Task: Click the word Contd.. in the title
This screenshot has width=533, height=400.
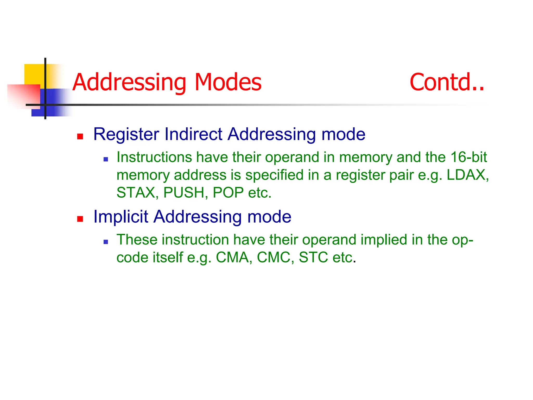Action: (x=447, y=82)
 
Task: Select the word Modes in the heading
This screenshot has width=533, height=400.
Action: (x=228, y=82)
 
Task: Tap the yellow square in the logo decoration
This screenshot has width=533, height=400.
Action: (x=34, y=74)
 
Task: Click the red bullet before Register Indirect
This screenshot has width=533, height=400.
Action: (x=80, y=136)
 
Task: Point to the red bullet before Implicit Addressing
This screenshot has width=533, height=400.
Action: (x=80, y=219)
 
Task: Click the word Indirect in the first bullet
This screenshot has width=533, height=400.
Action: (x=193, y=134)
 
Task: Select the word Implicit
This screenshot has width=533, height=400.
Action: (x=120, y=217)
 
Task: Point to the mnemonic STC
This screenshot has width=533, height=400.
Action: (x=313, y=257)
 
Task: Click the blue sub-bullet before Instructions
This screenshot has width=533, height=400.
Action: (x=106, y=159)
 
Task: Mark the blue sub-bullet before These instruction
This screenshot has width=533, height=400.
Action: (x=106, y=242)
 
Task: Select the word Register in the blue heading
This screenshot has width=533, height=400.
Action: (x=126, y=134)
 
